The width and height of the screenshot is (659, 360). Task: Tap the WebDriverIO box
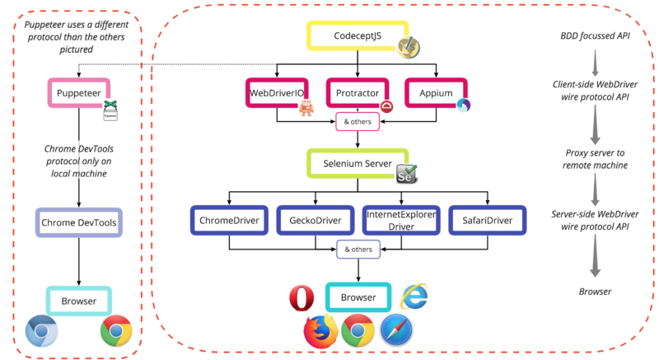click(277, 93)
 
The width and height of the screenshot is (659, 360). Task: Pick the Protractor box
click(357, 93)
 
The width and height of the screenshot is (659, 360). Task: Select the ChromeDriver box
click(229, 220)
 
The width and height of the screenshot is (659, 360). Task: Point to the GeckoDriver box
click(314, 220)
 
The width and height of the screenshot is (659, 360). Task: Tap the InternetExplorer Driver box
click(400, 220)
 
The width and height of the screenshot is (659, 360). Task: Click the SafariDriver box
click(488, 220)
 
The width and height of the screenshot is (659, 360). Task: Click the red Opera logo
click(301, 297)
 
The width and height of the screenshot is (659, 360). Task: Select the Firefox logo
click(320, 330)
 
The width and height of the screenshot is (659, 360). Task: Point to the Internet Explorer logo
click(414, 296)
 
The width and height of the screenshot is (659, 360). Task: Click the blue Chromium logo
click(41, 331)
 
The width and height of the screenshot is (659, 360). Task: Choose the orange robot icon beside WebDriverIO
click(306, 108)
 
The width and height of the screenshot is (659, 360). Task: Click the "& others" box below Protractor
click(357, 122)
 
